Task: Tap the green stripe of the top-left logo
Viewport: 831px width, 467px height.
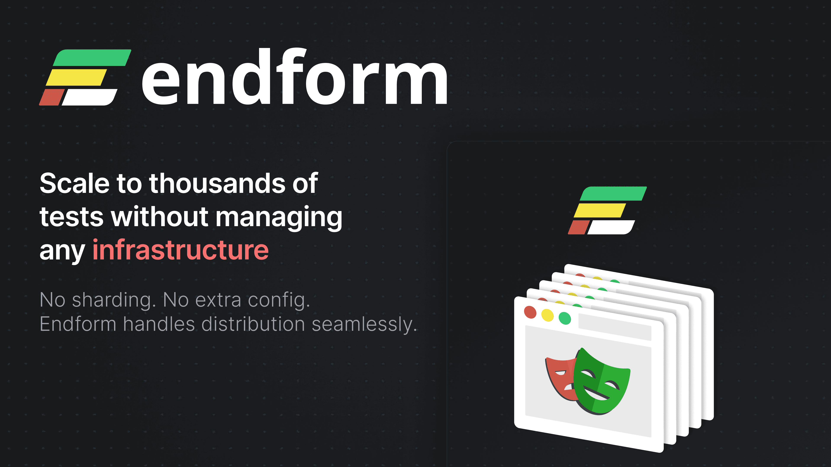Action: (92, 58)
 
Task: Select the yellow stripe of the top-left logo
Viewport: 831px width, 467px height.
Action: (76, 77)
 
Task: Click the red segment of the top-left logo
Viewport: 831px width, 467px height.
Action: (52, 97)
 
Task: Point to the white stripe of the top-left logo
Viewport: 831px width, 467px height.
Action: (89, 97)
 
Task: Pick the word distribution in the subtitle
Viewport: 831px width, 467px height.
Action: (253, 324)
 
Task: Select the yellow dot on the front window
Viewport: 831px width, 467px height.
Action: (548, 315)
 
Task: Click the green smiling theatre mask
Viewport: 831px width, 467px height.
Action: (600, 382)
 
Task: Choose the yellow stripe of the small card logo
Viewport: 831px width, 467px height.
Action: (600, 210)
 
